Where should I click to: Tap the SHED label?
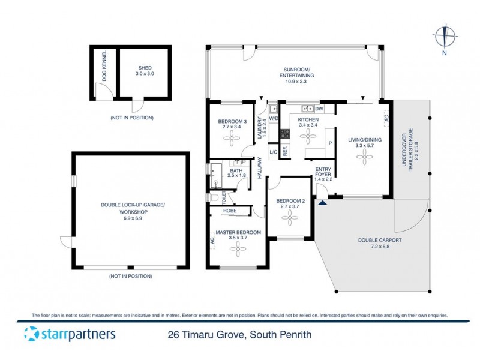143,68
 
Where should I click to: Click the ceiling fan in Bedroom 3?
231,137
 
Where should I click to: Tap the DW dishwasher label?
319,109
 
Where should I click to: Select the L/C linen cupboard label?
274,152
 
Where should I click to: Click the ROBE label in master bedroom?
229,211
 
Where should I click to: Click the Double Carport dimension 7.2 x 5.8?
379,247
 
